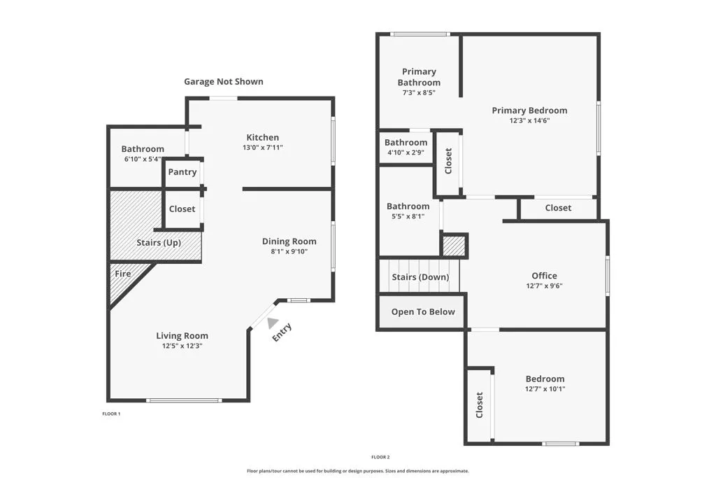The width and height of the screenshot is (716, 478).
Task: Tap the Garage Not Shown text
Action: pyautogui.click(x=224, y=82)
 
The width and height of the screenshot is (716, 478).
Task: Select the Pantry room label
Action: pyautogui.click(x=182, y=172)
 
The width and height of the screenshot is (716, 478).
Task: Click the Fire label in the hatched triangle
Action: pyautogui.click(x=123, y=274)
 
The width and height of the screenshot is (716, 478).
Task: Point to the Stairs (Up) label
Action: pyautogui.click(x=159, y=243)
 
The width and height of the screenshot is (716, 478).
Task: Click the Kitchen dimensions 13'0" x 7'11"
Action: pyautogui.click(x=262, y=148)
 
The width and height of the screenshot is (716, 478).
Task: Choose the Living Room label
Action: pyautogui.click(x=182, y=336)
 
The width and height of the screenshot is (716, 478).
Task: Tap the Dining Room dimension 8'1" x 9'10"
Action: pyautogui.click(x=289, y=252)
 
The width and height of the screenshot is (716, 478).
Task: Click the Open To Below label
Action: pyautogui.click(x=423, y=312)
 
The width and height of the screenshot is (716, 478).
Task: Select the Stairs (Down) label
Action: pyautogui.click(x=420, y=277)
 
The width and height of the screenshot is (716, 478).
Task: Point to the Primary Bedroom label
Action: pyautogui.click(x=529, y=111)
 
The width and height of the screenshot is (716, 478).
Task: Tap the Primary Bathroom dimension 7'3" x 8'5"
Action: pyautogui.click(x=419, y=92)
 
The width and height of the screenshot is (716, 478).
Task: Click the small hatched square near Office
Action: pyautogui.click(x=454, y=246)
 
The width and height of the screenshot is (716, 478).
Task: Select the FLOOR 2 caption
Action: pyautogui.click(x=380, y=457)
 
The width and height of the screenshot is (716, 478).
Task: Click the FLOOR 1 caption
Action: pyautogui.click(x=112, y=414)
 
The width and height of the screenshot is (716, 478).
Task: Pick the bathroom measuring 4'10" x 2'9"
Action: pyautogui.click(x=406, y=148)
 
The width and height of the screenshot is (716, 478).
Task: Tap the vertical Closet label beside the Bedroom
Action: pyautogui.click(x=480, y=405)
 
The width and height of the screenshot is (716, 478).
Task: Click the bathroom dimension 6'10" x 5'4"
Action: pyautogui.click(x=143, y=159)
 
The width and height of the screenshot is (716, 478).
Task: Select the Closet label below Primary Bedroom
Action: pyautogui.click(x=558, y=208)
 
